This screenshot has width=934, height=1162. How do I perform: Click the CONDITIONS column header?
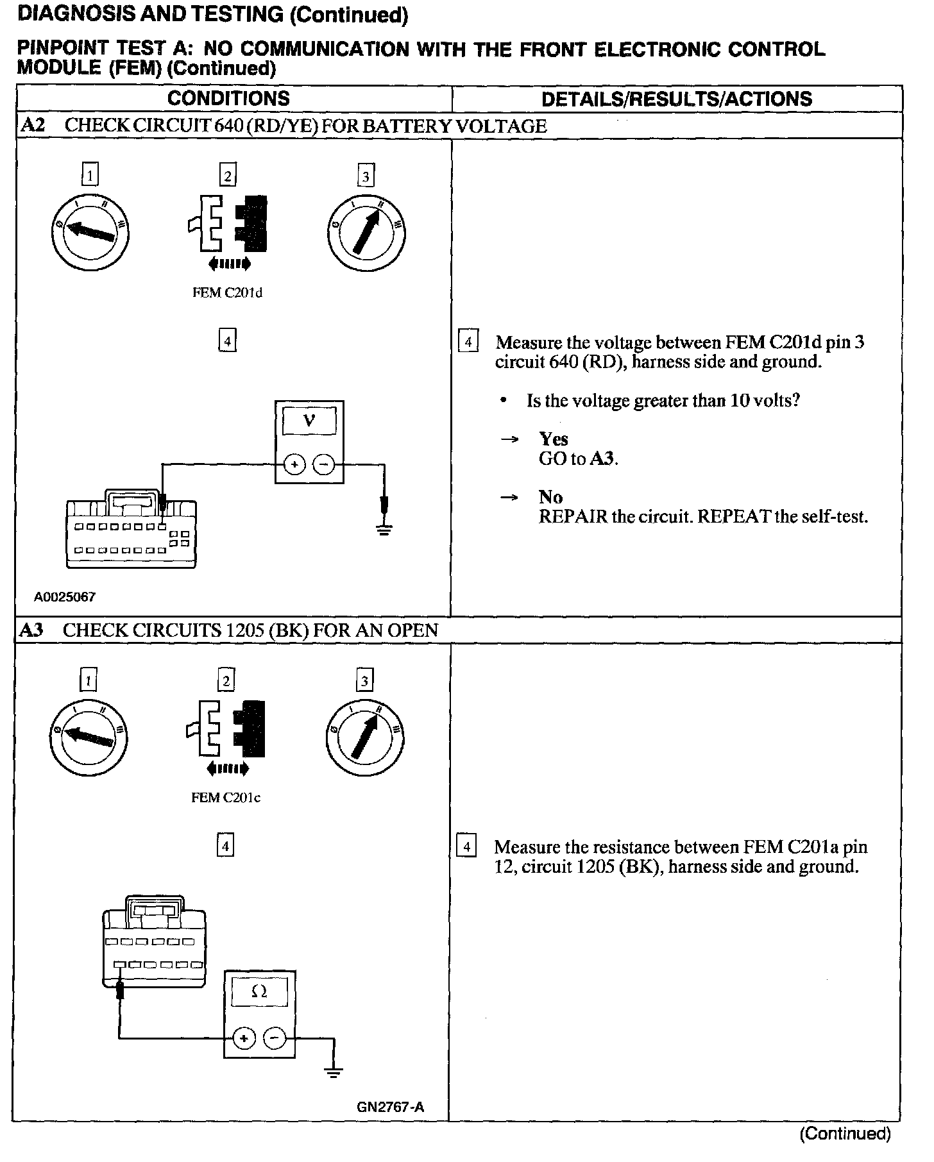(228, 99)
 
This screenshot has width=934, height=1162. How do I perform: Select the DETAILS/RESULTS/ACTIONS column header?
(677, 99)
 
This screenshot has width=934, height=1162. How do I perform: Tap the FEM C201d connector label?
(228, 293)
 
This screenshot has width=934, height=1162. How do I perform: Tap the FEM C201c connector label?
(226, 798)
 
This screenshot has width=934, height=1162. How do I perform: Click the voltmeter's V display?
(309, 421)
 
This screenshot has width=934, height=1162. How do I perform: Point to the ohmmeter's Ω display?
(259, 991)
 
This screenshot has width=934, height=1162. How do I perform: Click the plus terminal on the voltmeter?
(294, 464)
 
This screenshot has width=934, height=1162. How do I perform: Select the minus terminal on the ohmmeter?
(275, 1038)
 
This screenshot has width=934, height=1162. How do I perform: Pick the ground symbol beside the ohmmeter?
(333, 1071)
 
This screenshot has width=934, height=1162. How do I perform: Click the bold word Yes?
(553, 439)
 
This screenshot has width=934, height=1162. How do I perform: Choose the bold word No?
(550, 497)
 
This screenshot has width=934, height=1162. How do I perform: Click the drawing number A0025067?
(65, 597)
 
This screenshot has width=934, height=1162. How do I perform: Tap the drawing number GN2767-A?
(391, 1107)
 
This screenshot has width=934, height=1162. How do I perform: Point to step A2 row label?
(33, 125)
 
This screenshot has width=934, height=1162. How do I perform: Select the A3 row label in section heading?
(31, 630)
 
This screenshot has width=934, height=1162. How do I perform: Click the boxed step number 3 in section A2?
(366, 176)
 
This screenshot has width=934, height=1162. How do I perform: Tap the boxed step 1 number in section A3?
(88, 680)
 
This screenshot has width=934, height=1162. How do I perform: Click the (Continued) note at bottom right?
(845, 1134)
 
